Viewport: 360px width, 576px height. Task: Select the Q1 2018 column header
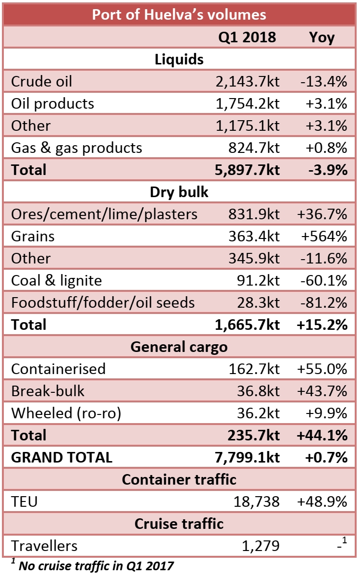point(247,37)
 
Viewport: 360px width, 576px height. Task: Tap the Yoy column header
point(322,37)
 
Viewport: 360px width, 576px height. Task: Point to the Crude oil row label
point(41,81)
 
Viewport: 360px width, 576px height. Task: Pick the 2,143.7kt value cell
point(247,81)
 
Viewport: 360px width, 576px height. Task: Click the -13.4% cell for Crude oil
point(323,81)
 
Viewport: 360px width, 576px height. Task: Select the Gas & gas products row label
point(76,148)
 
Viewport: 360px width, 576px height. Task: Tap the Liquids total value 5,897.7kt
point(247,170)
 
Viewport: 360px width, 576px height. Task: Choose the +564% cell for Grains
point(323,236)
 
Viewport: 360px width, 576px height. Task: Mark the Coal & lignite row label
point(56,280)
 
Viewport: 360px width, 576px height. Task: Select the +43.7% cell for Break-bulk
point(323,391)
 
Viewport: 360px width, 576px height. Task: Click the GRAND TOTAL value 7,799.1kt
point(247,457)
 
